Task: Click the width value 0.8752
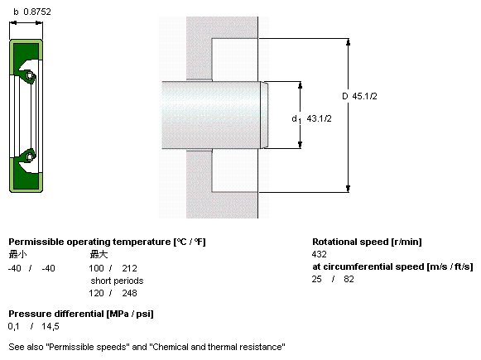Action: tap(37, 12)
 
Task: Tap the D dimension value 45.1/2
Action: tap(364, 96)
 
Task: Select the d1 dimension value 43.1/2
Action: tap(319, 118)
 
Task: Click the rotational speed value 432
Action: tap(319, 254)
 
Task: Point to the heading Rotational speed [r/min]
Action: tap(367, 242)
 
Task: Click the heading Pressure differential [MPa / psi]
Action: tap(81, 314)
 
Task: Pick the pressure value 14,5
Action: tap(51, 327)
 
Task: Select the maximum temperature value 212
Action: tap(129, 268)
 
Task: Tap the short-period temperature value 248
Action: tap(129, 293)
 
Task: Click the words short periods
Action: tap(117, 281)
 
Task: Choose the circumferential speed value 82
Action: tap(349, 279)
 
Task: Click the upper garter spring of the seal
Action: tap(30, 75)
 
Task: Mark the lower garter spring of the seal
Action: tap(30, 157)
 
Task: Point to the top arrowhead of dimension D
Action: tap(349, 41)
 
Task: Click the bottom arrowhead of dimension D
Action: tap(349, 189)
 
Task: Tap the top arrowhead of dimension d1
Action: tap(300, 85)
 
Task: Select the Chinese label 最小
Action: tap(17, 254)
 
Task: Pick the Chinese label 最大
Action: tap(99, 254)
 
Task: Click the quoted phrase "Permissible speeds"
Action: tap(86, 347)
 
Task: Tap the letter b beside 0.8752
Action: tap(16, 12)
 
